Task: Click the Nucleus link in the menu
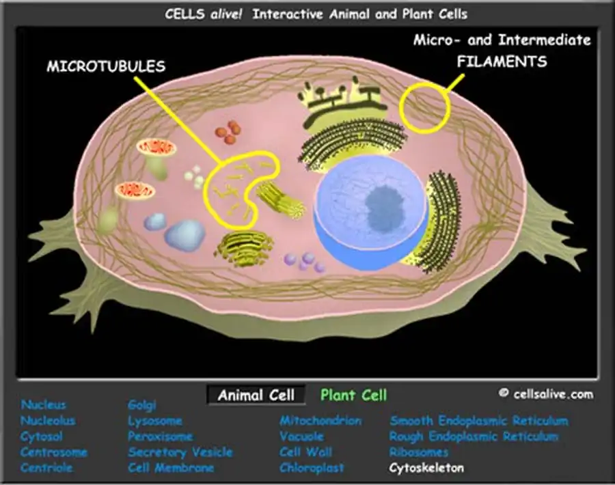tap(44, 404)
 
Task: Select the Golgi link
tap(142, 404)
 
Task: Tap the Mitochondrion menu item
tap(320, 420)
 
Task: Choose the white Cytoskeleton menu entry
tap(426, 468)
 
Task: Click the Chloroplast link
tap(312, 468)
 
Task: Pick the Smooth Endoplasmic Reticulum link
tap(479, 420)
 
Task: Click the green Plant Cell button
tap(353, 395)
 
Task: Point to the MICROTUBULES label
tap(106, 67)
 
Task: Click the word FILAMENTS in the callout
tap(502, 61)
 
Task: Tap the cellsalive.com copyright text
tap(546, 393)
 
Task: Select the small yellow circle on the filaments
tap(424, 107)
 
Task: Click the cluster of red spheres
tap(228, 133)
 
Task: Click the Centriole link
tap(46, 468)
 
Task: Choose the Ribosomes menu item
tap(419, 452)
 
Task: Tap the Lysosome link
tap(155, 420)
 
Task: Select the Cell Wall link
tap(305, 452)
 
